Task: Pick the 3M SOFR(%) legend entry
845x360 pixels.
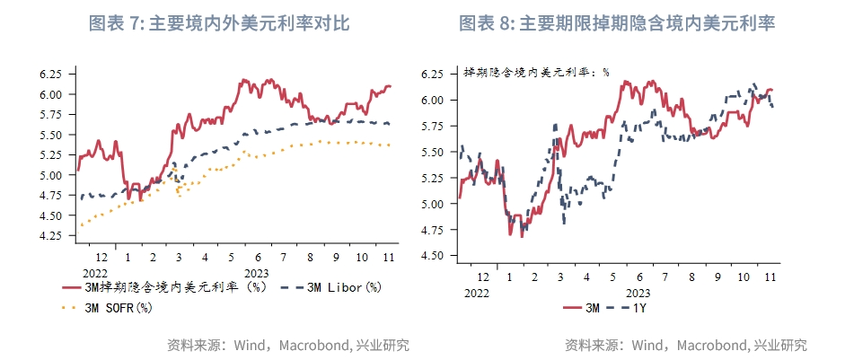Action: click(106, 308)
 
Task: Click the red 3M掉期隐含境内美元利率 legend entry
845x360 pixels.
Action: click(166, 288)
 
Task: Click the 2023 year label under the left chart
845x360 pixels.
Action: click(256, 273)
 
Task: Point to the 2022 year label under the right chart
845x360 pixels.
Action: click(476, 293)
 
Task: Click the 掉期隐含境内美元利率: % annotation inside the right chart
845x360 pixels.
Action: click(536, 72)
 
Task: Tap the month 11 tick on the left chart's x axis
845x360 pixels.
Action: click(389, 257)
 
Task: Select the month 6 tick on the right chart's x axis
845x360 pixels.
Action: click(638, 277)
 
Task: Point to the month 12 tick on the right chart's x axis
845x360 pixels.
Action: click(483, 277)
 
